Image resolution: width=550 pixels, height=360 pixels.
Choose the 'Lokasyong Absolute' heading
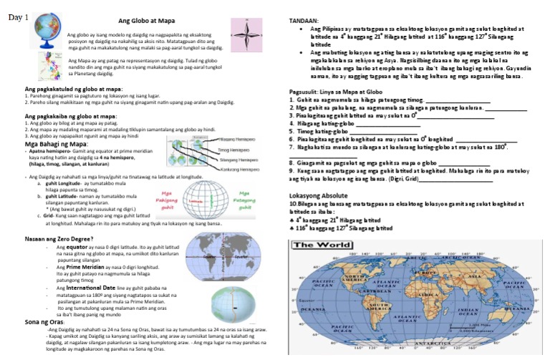321,195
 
